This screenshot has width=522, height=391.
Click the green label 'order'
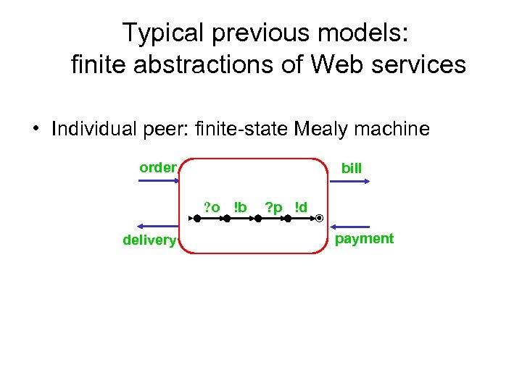157,168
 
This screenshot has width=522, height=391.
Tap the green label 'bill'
352,169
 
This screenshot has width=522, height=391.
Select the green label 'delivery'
149,240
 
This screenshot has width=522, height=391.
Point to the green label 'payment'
365,239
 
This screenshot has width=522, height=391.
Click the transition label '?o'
212,209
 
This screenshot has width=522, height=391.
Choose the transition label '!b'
240,208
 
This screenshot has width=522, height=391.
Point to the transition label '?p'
273,209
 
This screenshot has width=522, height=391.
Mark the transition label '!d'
301,209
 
